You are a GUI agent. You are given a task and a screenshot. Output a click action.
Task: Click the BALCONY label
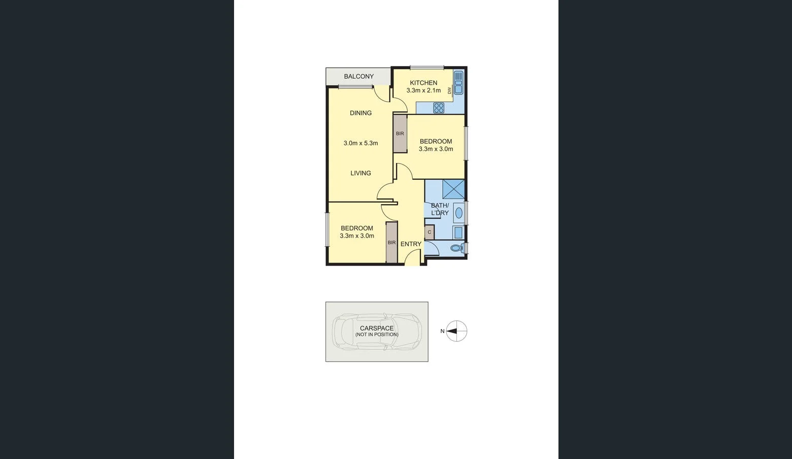pyautogui.click(x=358, y=77)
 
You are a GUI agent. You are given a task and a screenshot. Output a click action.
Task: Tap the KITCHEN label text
pyautogui.click(x=423, y=83)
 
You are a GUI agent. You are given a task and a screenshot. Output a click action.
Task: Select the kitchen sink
pyautogui.click(x=458, y=83)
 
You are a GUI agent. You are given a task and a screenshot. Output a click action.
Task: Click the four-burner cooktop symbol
pyautogui.click(x=439, y=108)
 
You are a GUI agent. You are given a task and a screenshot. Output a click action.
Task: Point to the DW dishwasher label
pyautogui.click(x=449, y=90)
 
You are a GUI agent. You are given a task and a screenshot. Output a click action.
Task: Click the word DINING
pyautogui.click(x=360, y=113)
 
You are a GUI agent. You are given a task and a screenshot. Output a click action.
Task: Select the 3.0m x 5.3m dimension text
pyautogui.click(x=360, y=143)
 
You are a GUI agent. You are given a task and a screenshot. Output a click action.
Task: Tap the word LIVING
pyautogui.click(x=360, y=173)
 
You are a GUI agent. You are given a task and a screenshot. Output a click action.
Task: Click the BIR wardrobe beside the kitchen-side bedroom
pyautogui.click(x=400, y=134)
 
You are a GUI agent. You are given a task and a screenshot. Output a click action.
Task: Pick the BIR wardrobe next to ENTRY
pyautogui.click(x=391, y=243)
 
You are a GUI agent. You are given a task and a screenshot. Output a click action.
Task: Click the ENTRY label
pyautogui.click(x=411, y=244)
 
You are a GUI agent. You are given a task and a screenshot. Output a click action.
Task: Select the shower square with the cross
pyautogui.click(x=453, y=189)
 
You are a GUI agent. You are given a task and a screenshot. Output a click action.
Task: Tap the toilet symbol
pyautogui.click(x=456, y=248)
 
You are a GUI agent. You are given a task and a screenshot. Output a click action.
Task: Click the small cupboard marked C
pyautogui.click(x=430, y=232)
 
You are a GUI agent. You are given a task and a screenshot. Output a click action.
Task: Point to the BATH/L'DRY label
pyautogui.click(x=440, y=209)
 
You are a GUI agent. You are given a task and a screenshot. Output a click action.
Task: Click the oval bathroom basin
pyautogui.click(x=458, y=213)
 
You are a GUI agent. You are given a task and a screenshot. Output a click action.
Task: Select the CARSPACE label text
pyautogui.click(x=377, y=328)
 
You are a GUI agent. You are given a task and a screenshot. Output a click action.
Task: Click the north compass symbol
pyautogui.click(x=456, y=331)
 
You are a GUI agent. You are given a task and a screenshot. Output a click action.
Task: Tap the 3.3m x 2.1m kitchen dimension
pyautogui.click(x=423, y=90)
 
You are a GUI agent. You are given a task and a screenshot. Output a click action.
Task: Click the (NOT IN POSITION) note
pyautogui.click(x=377, y=335)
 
